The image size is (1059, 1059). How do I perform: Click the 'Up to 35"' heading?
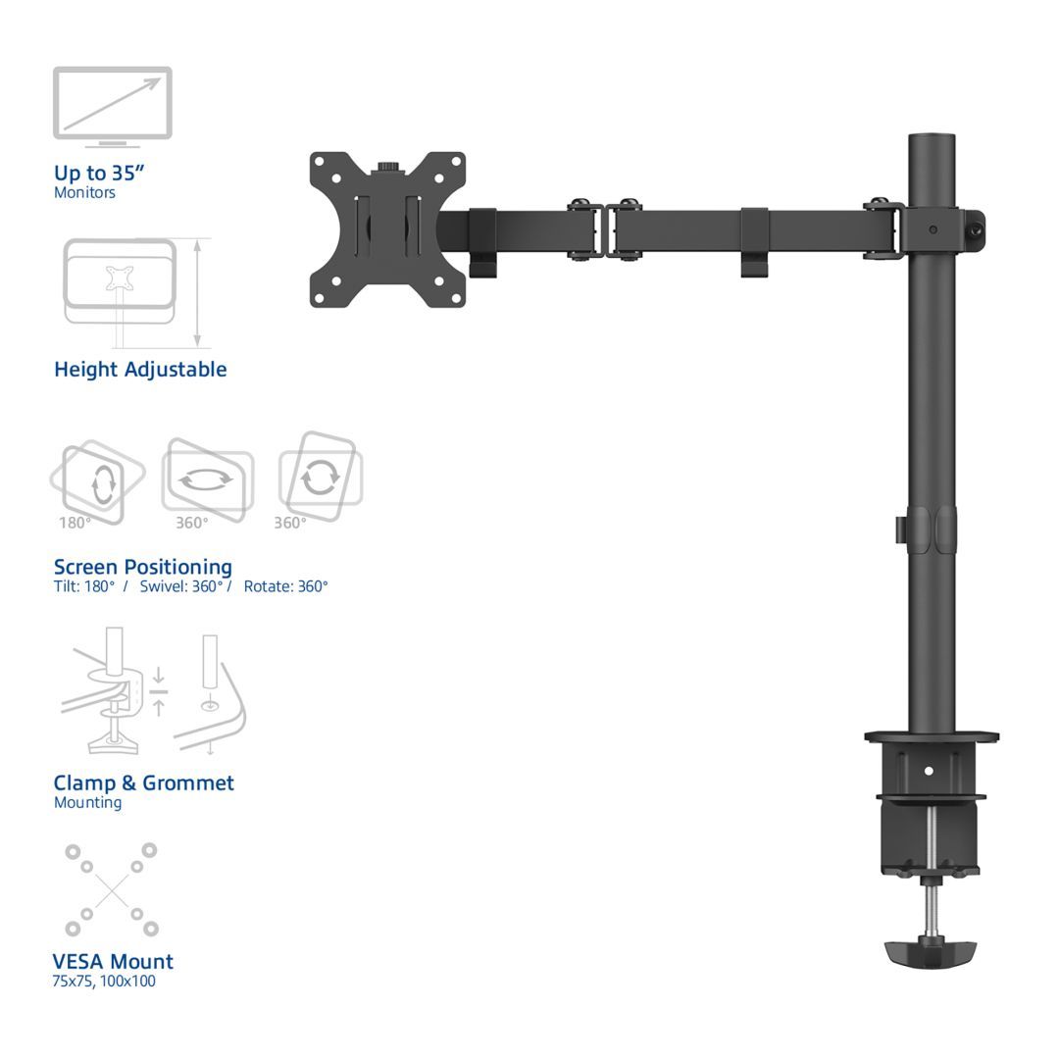click(99, 173)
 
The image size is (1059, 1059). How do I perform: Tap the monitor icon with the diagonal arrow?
click(112, 104)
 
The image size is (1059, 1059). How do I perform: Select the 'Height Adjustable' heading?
click(140, 370)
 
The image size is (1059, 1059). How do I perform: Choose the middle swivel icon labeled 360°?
click(207, 480)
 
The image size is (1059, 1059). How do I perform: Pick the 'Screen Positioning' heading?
click(143, 567)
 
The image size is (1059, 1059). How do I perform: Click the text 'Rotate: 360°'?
click(285, 586)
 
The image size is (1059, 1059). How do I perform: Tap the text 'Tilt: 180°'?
click(84, 586)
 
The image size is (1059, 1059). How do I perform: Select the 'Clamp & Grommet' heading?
click(144, 782)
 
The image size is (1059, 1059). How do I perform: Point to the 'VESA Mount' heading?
click(113, 961)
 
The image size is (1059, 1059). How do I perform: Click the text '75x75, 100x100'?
click(104, 981)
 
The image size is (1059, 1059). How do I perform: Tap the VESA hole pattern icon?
click(111, 889)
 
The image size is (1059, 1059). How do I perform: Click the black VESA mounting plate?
click(387, 229)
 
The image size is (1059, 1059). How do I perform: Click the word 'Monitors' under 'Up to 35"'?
click(84, 193)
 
